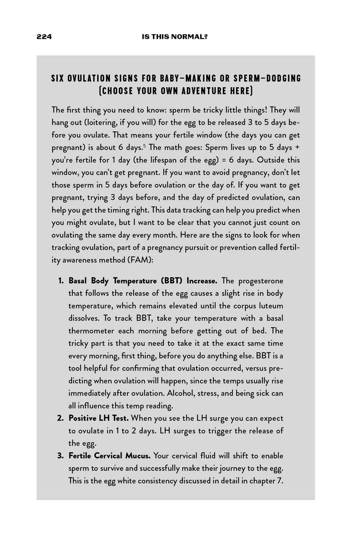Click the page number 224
[x=44, y=37]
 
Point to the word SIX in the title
[x=58, y=78]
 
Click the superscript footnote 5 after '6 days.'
[x=145, y=145]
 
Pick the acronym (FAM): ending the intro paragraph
[x=140, y=260]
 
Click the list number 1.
[x=61, y=281]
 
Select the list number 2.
[x=60, y=418]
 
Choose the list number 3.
[x=60, y=456]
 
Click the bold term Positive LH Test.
[x=99, y=418]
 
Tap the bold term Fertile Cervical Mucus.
[x=109, y=456]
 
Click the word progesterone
[x=261, y=281]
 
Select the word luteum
[x=271, y=306]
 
